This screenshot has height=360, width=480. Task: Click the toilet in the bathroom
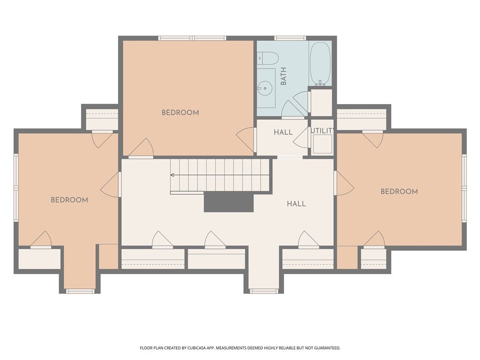click(x=267, y=58)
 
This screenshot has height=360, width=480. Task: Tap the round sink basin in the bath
click(x=264, y=89)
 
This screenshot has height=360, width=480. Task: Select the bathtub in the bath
click(x=320, y=64)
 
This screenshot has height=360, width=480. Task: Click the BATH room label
click(x=284, y=76)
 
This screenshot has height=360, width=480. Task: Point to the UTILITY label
click(x=322, y=131)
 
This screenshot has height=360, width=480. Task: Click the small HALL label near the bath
click(x=283, y=132)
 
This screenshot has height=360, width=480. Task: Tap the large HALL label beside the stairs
click(x=296, y=203)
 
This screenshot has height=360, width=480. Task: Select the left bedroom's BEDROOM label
click(x=69, y=200)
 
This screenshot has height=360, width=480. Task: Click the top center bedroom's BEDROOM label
click(x=180, y=112)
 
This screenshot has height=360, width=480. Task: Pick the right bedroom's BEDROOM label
click(x=399, y=191)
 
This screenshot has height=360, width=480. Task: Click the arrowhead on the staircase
click(x=172, y=175)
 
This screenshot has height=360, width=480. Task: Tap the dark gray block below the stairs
click(x=229, y=202)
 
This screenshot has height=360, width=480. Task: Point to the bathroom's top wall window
click(x=290, y=38)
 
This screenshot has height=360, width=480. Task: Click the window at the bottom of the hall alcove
click(x=264, y=291)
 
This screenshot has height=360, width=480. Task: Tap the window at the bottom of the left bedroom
click(x=81, y=291)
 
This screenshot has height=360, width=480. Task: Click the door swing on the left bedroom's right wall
click(x=110, y=185)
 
